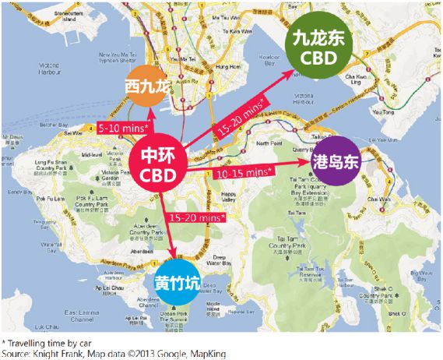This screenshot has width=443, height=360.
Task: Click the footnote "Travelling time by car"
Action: (x=46, y=342)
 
